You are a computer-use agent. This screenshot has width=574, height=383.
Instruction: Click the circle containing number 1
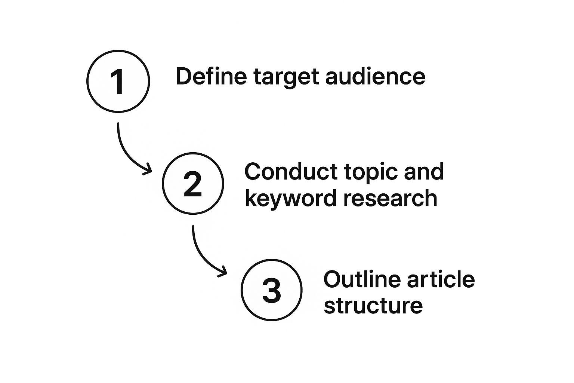pos(87,81)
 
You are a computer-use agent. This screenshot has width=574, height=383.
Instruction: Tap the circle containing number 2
pos(162,183)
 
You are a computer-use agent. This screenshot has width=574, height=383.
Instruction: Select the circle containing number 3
pos(241,290)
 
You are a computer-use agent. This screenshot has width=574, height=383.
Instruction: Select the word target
pos(286,79)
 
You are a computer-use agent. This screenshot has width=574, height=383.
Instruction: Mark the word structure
pos(373,306)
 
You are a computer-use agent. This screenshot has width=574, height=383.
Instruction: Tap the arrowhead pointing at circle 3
pos(223,272)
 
